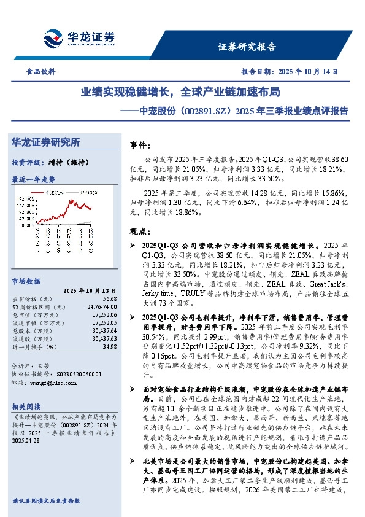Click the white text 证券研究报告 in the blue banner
coord(247,46)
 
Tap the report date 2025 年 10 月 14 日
coord(307,71)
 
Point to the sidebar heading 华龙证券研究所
coord(46,142)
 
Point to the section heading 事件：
coord(140,146)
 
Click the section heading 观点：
coord(140,231)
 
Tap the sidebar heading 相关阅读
coord(26,406)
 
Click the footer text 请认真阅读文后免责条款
coord(46,501)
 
